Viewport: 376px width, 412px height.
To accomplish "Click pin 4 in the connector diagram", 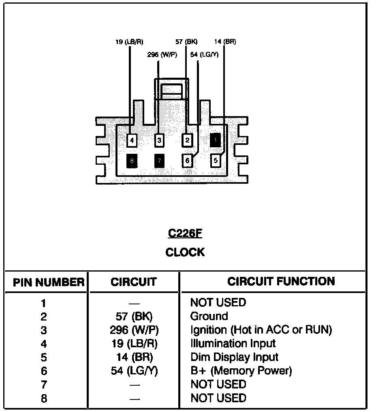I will click(x=132, y=141).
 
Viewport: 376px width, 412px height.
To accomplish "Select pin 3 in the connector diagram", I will click(x=160, y=140).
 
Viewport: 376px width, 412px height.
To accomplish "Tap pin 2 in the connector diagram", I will click(x=187, y=140).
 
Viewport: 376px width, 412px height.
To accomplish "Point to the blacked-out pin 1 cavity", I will click(x=216, y=140).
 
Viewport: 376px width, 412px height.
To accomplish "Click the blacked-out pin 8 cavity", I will click(x=132, y=161).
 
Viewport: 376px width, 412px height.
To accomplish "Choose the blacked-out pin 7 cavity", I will click(x=160, y=161).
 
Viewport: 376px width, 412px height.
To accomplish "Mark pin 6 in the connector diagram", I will click(x=187, y=161).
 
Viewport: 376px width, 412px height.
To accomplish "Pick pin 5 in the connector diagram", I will click(x=216, y=161).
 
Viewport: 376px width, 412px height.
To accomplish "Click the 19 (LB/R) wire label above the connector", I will click(x=129, y=42).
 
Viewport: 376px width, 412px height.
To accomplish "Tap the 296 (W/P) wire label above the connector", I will click(x=162, y=55).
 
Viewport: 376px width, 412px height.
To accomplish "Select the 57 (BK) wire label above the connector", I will click(x=186, y=42).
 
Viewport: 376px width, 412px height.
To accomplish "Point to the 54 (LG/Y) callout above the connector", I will click(x=204, y=55).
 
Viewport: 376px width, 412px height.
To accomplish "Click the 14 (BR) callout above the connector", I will click(x=225, y=42).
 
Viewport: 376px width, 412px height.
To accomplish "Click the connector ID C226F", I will click(x=185, y=234).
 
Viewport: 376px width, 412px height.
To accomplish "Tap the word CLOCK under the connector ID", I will click(x=185, y=253).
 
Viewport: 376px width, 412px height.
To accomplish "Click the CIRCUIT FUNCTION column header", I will click(x=281, y=281).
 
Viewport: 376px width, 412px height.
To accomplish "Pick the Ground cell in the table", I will click(x=209, y=316).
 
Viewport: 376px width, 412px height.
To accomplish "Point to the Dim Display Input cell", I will click(x=234, y=357).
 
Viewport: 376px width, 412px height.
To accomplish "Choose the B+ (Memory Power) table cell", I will click(x=241, y=371).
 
